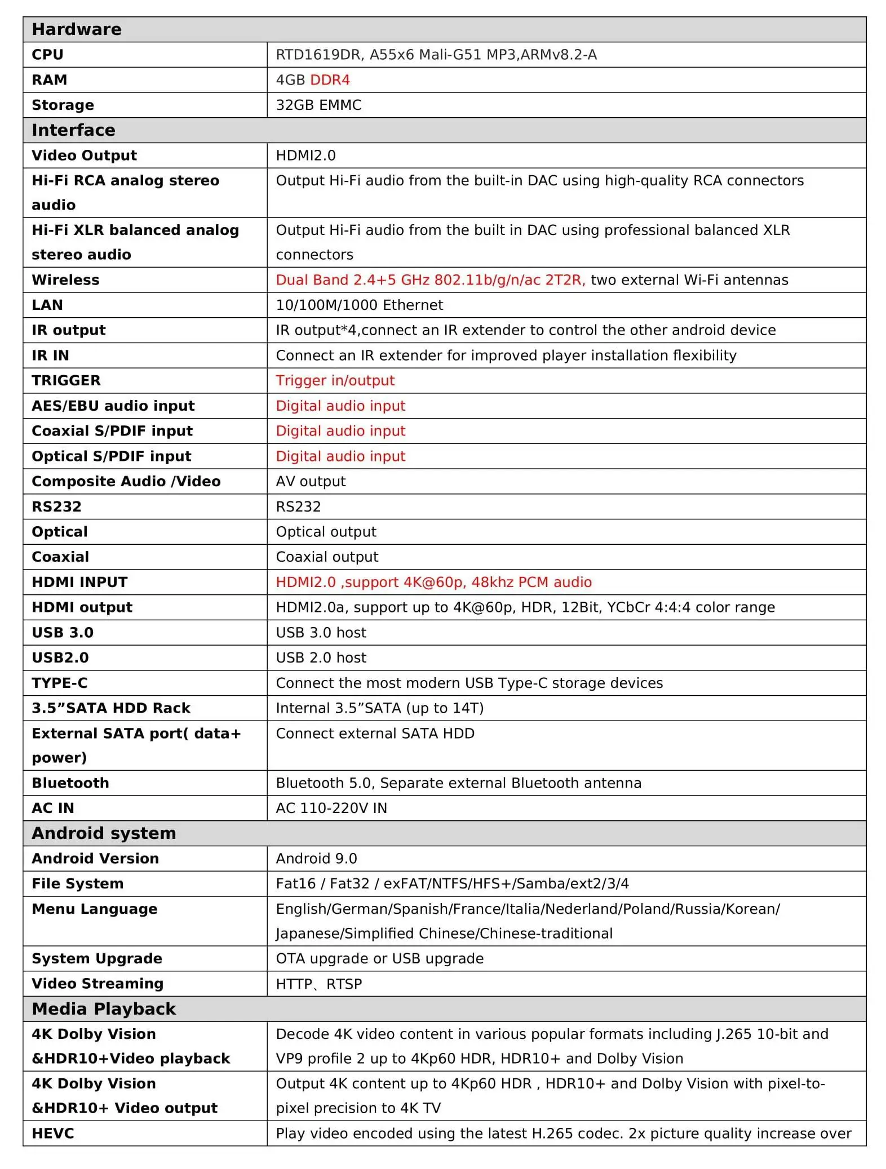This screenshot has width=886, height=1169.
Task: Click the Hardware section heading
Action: (77, 29)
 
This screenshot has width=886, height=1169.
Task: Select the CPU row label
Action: (47, 55)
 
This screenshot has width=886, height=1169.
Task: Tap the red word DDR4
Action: (330, 80)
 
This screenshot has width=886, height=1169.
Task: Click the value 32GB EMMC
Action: (318, 105)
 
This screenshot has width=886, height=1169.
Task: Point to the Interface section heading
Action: (73, 130)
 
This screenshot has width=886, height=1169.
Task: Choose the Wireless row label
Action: (65, 280)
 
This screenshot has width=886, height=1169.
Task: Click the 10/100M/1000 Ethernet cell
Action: (359, 305)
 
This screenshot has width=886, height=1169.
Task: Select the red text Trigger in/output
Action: (335, 381)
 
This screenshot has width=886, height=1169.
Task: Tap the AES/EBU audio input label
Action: (113, 406)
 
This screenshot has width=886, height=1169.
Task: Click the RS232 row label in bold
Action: (56, 506)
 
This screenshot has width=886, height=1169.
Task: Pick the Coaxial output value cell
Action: (327, 557)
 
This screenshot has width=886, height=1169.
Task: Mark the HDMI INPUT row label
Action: (79, 582)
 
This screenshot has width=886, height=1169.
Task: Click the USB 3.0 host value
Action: (321, 633)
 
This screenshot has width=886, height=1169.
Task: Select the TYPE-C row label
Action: (60, 683)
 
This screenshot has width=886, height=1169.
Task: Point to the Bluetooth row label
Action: (70, 783)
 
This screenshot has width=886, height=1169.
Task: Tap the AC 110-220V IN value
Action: (331, 808)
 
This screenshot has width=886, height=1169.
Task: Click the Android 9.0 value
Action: (316, 859)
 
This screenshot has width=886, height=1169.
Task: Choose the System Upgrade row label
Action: (97, 959)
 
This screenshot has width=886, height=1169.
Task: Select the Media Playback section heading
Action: (104, 1009)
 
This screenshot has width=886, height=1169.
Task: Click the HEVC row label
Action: (53, 1134)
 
